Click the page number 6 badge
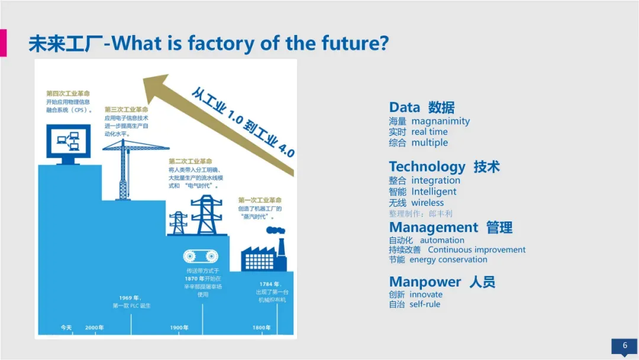(624, 345)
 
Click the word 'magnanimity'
(441, 121)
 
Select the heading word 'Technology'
(427, 166)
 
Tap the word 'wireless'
(428, 202)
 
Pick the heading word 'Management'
(434, 227)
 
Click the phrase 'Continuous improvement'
(477, 250)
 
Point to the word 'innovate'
(426, 294)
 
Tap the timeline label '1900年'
(179, 327)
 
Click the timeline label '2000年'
(95, 327)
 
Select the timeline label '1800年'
(262, 327)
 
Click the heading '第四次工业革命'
(68, 94)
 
